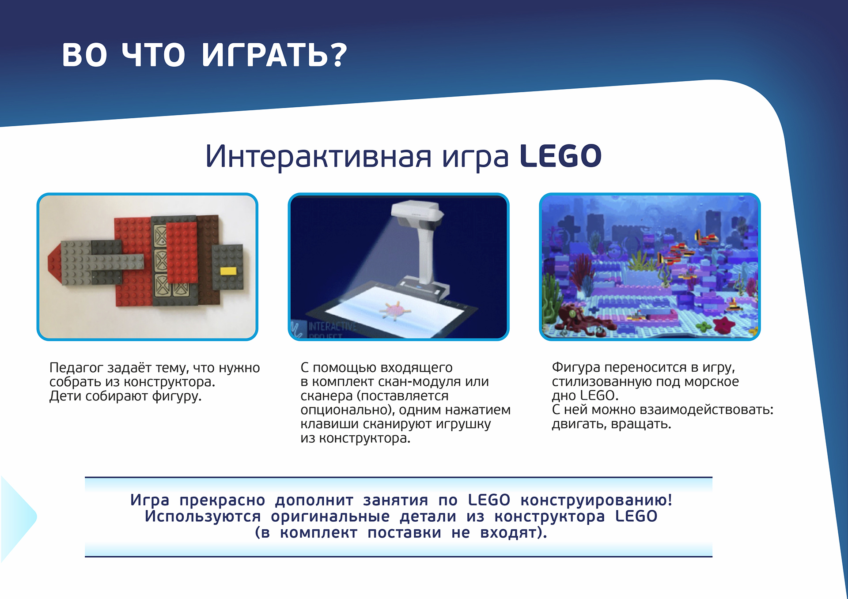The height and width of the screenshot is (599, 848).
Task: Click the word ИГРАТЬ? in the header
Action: click(x=274, y=55)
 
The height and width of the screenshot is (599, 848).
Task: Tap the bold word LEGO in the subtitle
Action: click(x=560, y=156)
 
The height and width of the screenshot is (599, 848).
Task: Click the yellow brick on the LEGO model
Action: click(x=228, y=271)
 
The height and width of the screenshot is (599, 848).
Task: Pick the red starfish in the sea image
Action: click(x=724, y=325)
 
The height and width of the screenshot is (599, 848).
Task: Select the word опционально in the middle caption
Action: click(x=347, y=410)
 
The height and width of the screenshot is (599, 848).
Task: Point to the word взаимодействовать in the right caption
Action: click(x=706, y=410)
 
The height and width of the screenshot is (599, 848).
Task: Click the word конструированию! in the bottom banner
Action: click(x=596, y=500)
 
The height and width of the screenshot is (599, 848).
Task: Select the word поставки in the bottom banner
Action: click(x=404, y=533)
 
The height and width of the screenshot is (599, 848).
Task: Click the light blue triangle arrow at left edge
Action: click(x=18, y=517)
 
